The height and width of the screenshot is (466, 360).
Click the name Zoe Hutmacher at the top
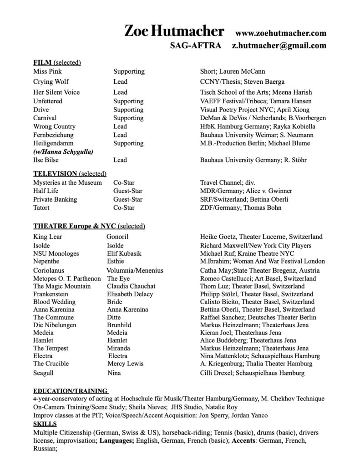(174, 32)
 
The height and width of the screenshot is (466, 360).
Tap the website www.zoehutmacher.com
(281, 33)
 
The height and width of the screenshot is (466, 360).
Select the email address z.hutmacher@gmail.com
(279, 46)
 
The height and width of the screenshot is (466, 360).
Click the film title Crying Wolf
(51, 82)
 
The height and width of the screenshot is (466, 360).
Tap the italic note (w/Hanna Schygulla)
(64, 152)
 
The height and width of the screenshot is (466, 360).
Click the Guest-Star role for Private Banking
(127, 199)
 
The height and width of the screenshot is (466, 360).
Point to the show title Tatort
(41, 208)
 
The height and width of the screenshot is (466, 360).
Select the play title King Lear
(48, 237)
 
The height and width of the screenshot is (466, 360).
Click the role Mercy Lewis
(126, 364)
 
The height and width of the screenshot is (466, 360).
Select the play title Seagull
(44, 373)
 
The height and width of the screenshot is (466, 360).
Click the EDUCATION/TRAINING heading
(71, 390)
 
